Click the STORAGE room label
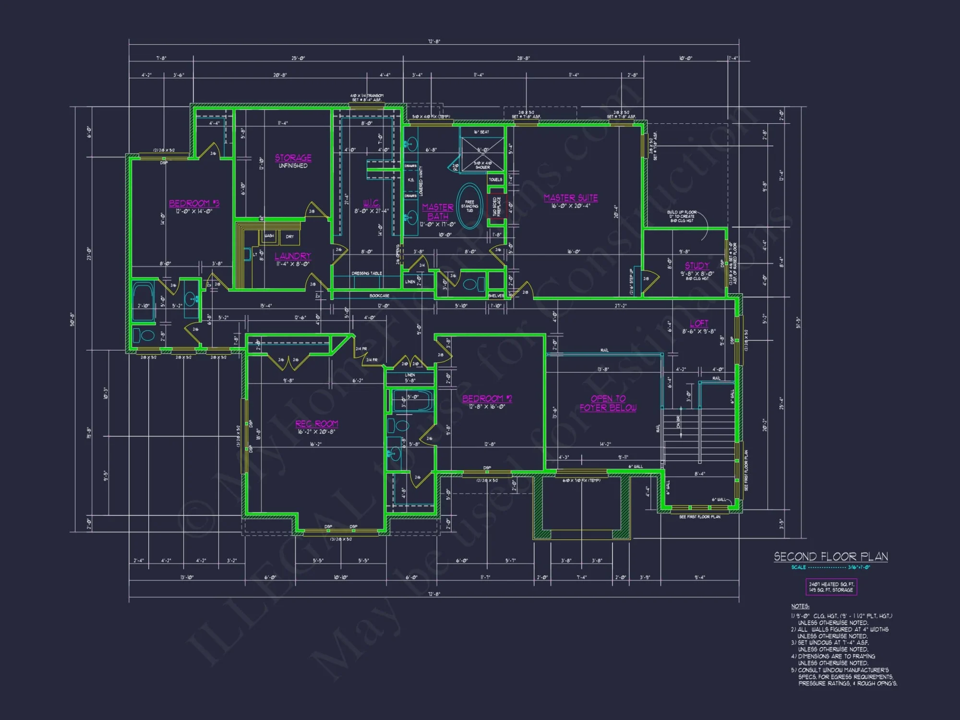pos(293,158)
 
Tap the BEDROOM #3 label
pos(194,204)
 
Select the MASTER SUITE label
pos(571,198)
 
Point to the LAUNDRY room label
pos(293,256)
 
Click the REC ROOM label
pos(317,424)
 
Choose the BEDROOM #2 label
pos(487,399)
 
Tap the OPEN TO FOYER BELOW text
pos(608,403)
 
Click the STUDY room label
pos(697,265)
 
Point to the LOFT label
pos(699,324)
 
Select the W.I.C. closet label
pos(372,203)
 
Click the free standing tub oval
pos(469,206)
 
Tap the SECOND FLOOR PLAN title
pos(831,557)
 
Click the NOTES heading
pos(800,606)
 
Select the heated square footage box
pos(831,587)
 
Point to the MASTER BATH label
pos(438,212)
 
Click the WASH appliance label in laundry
pos(269,236)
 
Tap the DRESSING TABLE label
pos(367,274)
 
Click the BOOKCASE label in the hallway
pos(379,296)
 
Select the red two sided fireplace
pos(495,206)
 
